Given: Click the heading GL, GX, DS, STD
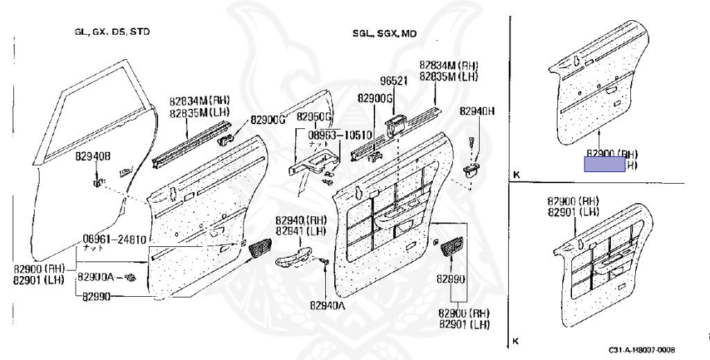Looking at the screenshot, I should pyautogui.click(x=112, y=32).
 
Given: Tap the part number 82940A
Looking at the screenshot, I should pyautogui.click(x=327, y=305).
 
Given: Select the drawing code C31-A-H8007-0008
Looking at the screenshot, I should pyautogui.click(x=641, y=350).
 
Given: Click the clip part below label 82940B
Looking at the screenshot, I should pyautogui.click(x=98, y=183).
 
